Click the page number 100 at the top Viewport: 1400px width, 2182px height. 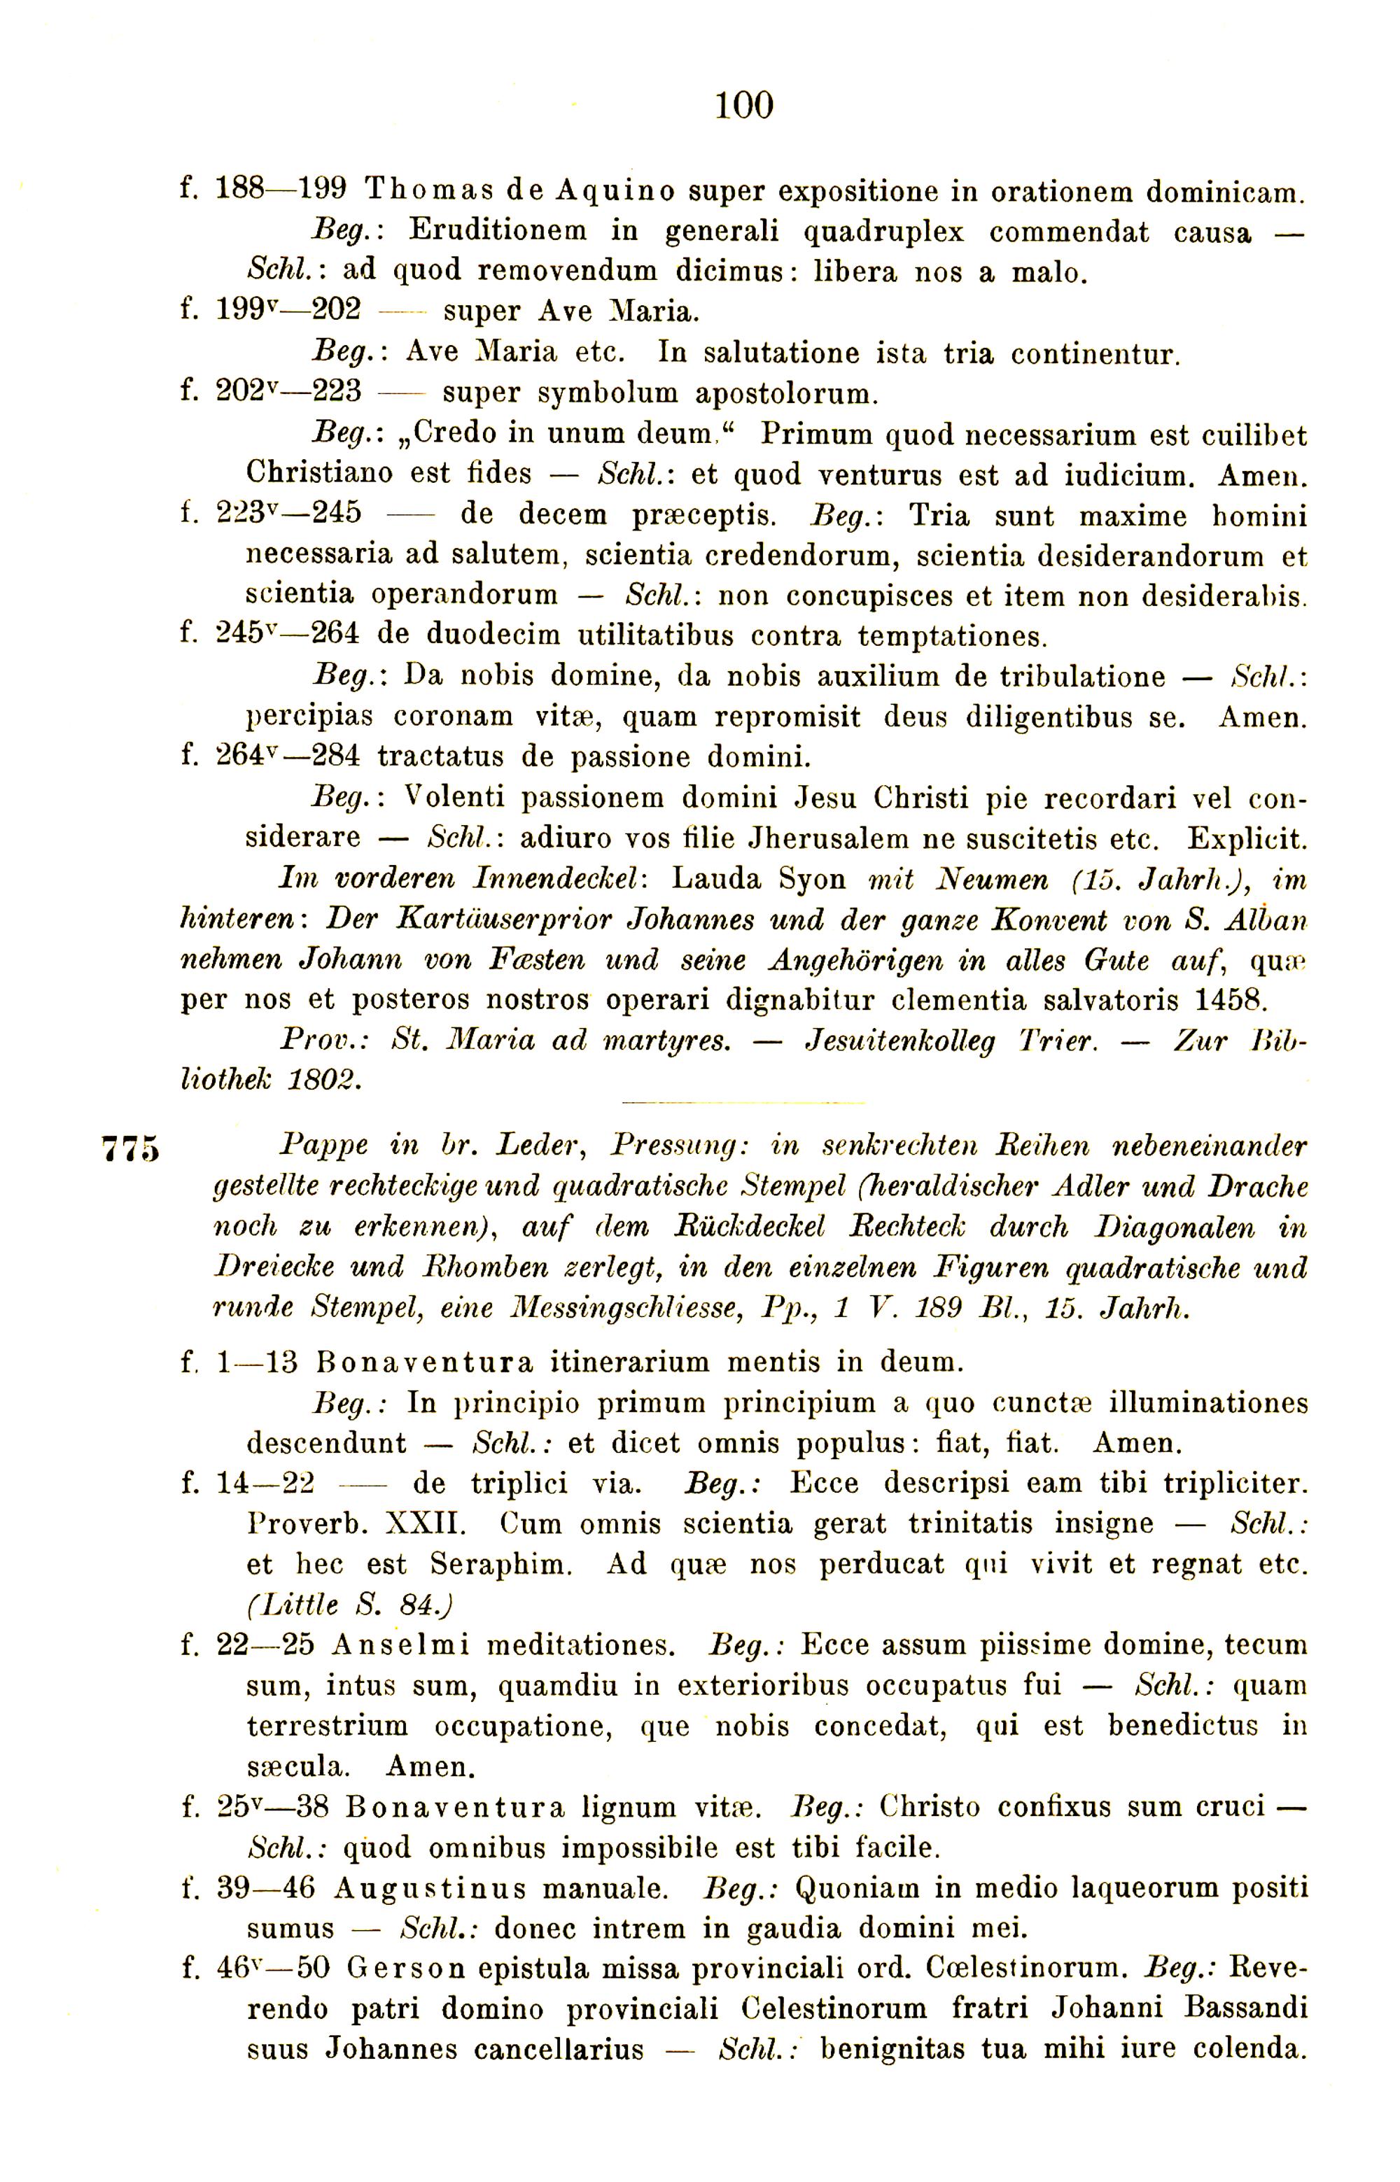coord(743,106)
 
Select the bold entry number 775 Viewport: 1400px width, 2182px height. coord(131,1148)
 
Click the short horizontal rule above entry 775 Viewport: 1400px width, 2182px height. coord(743,1104)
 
